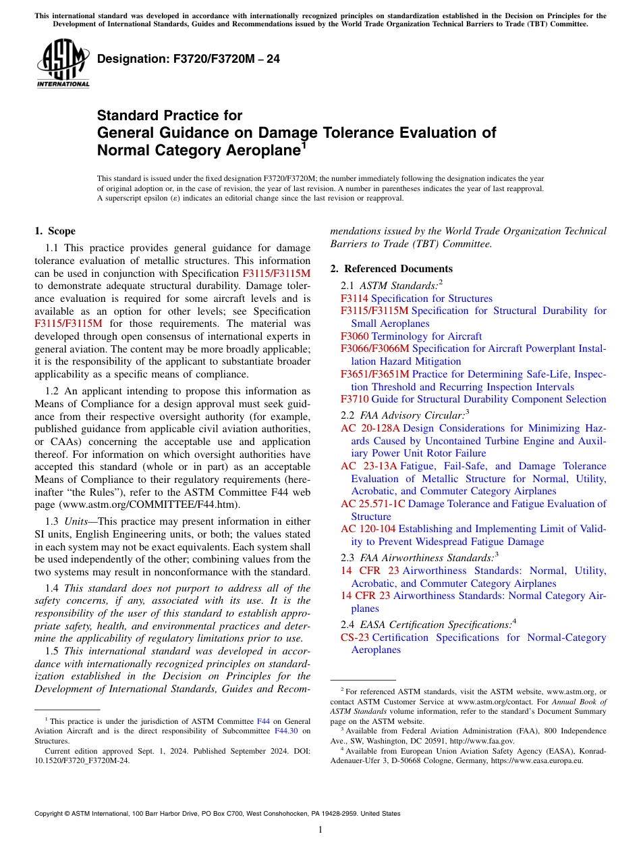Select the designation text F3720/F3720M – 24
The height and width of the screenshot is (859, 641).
tap(188, 59)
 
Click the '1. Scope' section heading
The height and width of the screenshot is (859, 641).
tap(55, 231)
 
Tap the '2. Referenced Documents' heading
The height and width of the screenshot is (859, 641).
tap(391, 269)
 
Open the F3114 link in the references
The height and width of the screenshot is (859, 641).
tap(354, 298)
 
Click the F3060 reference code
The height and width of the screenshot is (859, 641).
tap(354, 336)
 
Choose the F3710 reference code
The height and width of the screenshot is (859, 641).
tap(354, 399)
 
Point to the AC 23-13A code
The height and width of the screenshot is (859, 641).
tap(369, 466)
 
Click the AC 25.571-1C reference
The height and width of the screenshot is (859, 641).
tap(373, 504)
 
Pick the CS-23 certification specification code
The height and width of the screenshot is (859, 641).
tap(355, 637)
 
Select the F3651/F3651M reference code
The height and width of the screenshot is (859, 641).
tap(375, 374)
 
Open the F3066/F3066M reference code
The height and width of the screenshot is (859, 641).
tap(375, 348)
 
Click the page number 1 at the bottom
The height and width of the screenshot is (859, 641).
tap(320, 830)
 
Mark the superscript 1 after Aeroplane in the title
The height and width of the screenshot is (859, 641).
tap(304, 145)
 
